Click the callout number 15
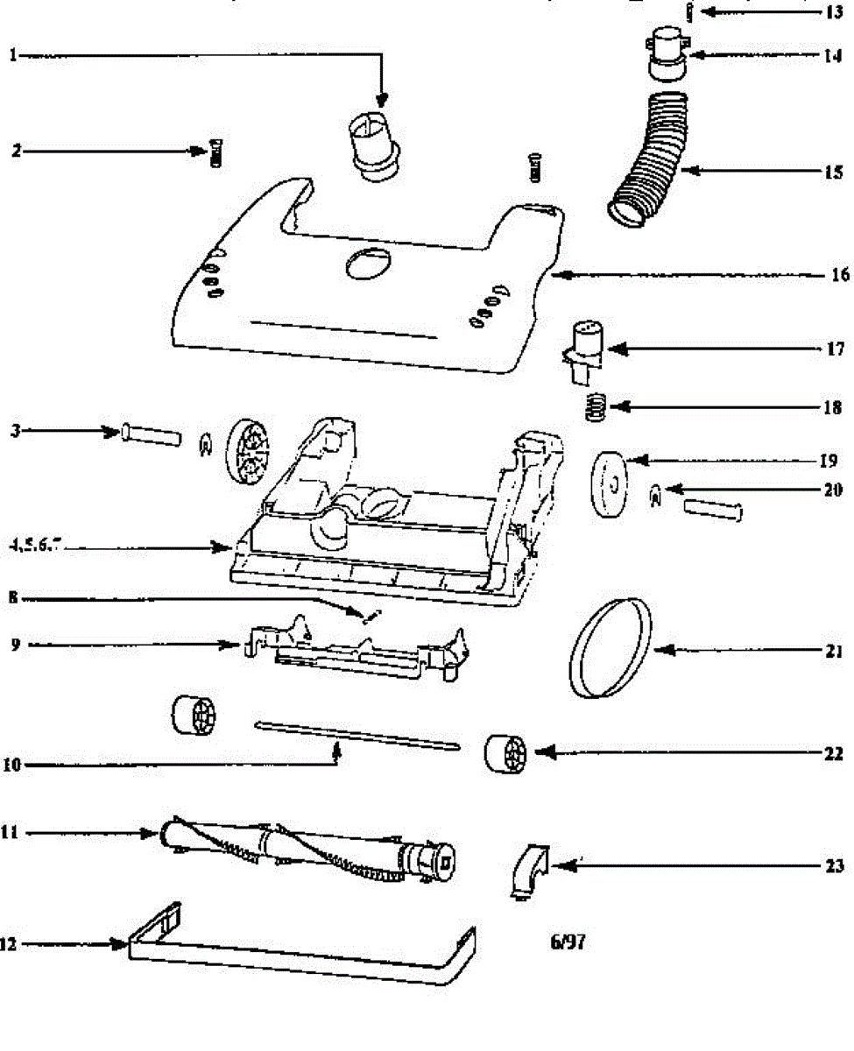831,172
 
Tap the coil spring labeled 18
595,407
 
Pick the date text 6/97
567,943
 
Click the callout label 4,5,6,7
36,547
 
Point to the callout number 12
10,944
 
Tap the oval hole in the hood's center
369,263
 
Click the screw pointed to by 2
215,152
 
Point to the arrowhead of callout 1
381,103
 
